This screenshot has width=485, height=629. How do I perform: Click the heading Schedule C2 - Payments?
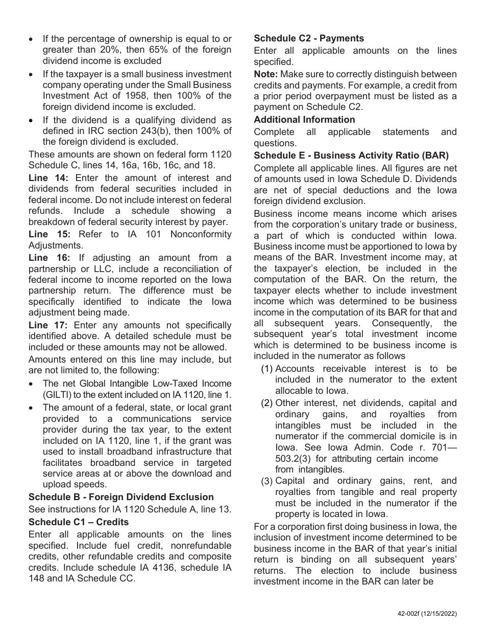309,38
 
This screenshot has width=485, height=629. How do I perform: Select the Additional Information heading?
304,120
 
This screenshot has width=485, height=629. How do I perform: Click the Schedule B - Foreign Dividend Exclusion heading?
121,497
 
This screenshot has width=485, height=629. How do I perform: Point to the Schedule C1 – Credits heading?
79,522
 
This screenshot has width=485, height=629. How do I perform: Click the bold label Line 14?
49,178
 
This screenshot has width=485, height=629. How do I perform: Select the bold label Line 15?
49,234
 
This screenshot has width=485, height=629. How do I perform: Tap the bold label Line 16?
49,258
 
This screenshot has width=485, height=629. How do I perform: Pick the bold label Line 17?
49,325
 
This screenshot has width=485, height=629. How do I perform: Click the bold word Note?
265,74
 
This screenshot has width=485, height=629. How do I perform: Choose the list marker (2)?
267,403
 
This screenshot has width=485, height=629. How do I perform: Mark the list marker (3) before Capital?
267,481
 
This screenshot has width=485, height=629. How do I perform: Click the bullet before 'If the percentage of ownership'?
32,39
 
